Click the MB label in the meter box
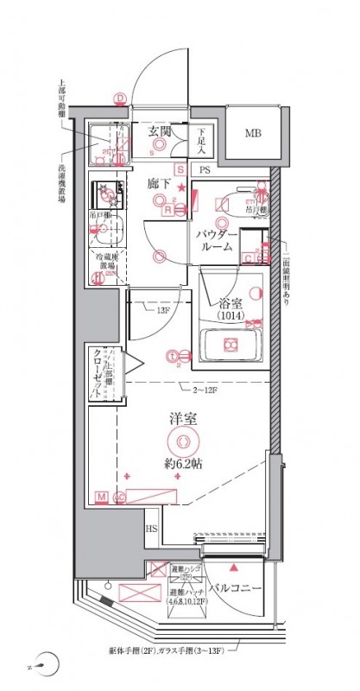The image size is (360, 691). coord(252,134)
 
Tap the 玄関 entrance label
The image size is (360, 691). coord(158,131)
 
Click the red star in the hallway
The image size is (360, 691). coord(180,187)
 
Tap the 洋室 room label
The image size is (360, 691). coord(180,421)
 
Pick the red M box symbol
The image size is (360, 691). coord(101,497)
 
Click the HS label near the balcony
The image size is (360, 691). coord(152,529)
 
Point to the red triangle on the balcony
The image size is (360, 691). coord(233,567)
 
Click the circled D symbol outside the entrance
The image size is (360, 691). coord(120,98)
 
